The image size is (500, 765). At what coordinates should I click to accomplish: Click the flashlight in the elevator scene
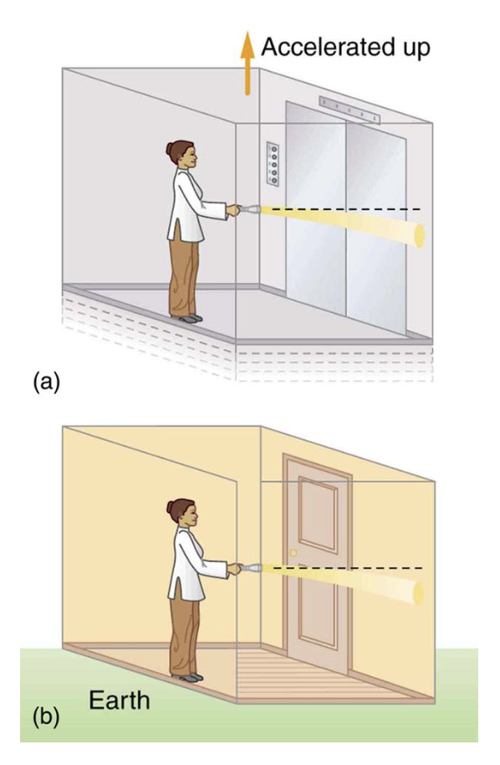pyautogui.click(x=248, y=210)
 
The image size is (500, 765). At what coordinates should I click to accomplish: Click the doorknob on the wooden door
pyautogui.click(x=293, y=553)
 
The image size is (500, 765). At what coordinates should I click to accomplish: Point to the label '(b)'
pyautogui.click(x=47, y=717)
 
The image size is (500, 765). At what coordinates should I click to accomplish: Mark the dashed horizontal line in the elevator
pyautogui.click(x=351, y=208)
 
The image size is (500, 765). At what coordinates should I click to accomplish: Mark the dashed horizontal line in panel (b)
pyautogui.click(x=351, y=568)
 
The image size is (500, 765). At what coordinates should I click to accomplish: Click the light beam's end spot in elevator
pyautogui.click(x=417, y=234)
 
